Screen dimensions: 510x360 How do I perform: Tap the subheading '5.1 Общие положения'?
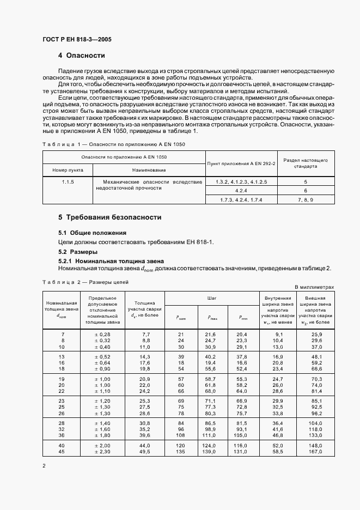coord(88,233)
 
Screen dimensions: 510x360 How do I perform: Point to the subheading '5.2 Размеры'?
coord(78,252)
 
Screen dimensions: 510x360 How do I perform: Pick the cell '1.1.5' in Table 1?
coord(68,181)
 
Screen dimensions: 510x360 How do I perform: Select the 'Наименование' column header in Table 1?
coord(149,170)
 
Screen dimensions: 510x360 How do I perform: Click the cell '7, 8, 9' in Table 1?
coord(306,201)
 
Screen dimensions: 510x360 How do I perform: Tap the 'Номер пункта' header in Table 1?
coord(68,170)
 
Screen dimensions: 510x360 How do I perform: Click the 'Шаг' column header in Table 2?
coord(211,299)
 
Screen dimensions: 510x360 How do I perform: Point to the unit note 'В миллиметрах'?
coord(314,287)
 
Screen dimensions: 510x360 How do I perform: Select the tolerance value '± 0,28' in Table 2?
coord(103,333)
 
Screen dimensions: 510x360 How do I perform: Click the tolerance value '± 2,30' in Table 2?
coord(103,452)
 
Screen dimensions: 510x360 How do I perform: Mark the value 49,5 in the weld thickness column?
coord(145,452)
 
